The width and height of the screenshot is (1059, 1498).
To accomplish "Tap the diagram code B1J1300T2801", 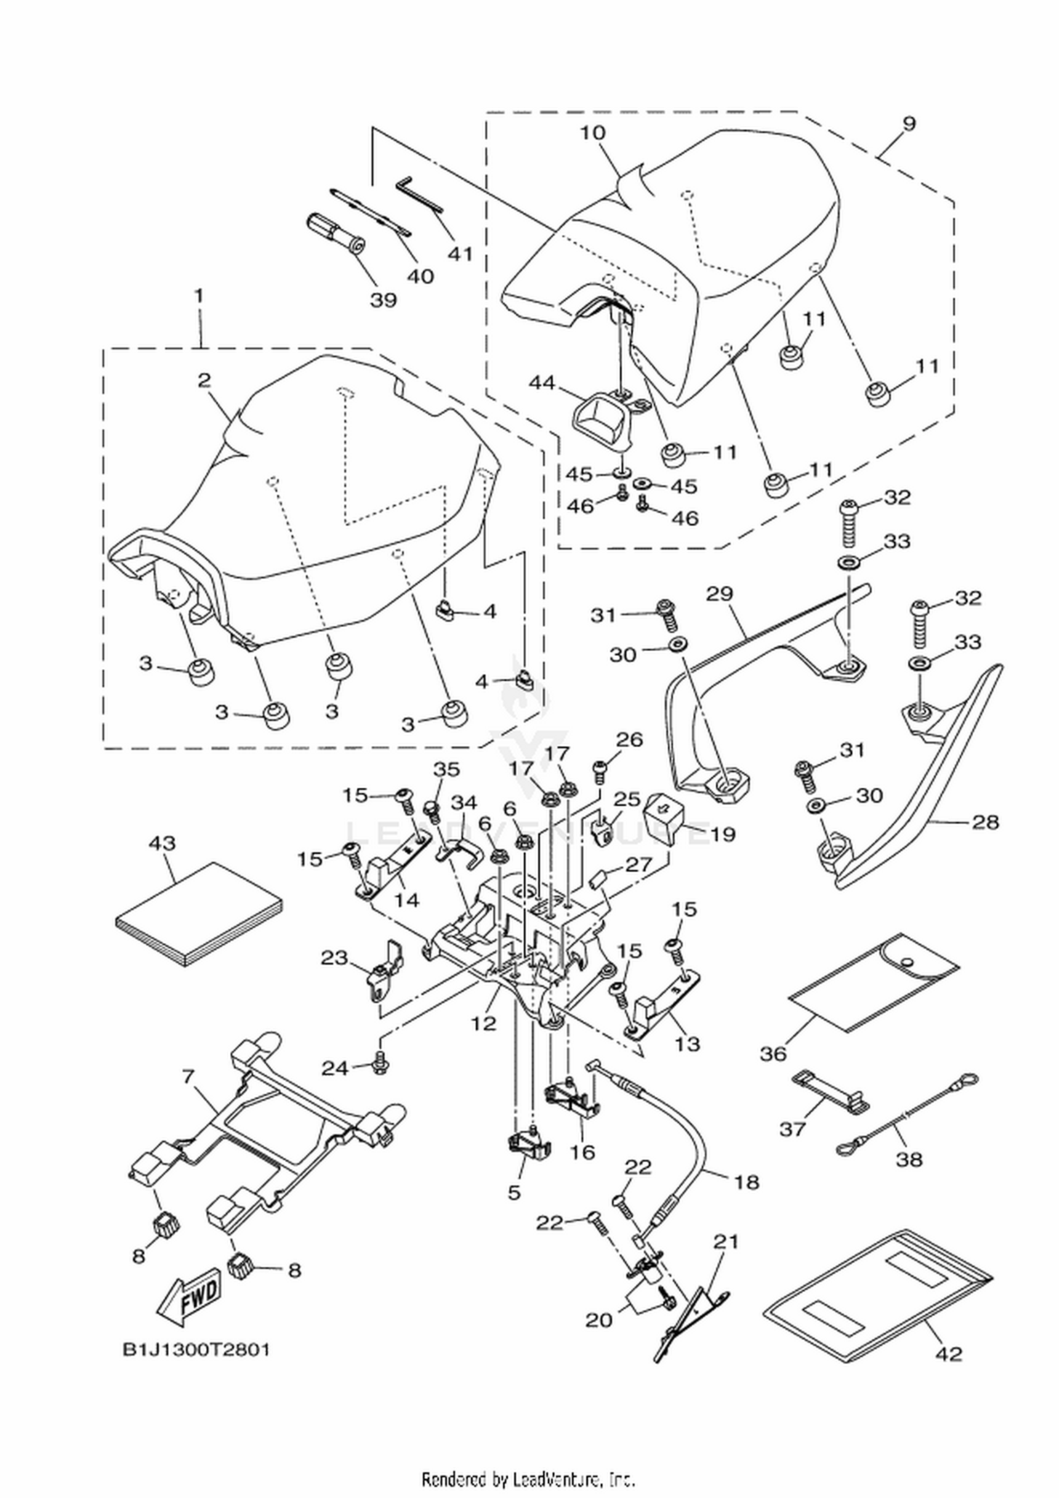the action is pos(196,1350).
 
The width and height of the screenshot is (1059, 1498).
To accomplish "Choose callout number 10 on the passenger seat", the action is pos(594,132).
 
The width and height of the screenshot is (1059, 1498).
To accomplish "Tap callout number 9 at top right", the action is pos(909,123).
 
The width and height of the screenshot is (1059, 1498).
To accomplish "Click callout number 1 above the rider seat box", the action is pos(200,294).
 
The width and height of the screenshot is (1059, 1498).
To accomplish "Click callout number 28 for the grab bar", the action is pos(986,821).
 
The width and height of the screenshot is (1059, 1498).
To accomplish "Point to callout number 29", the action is pos(721,593).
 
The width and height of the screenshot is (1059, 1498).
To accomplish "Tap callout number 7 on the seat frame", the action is pos(187,1078).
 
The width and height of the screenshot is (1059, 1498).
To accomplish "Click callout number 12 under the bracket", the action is pos(484,1023).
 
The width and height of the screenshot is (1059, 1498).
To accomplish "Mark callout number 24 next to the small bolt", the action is pos(335,1068).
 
